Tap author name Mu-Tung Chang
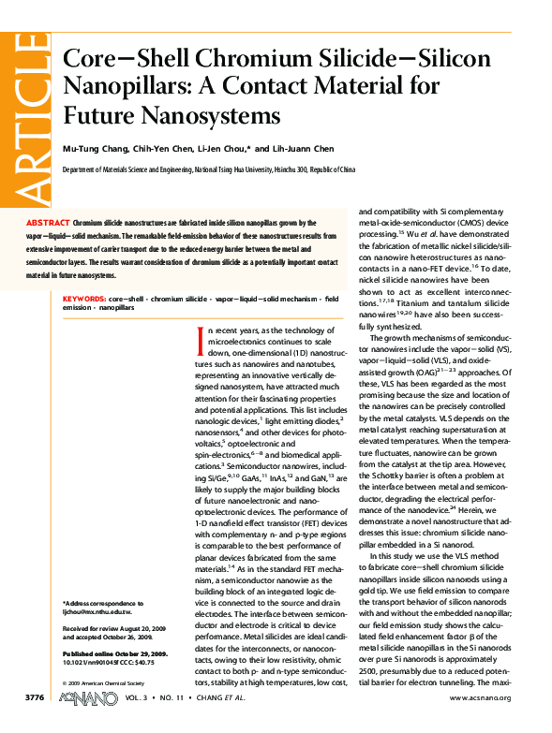point(92,148)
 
